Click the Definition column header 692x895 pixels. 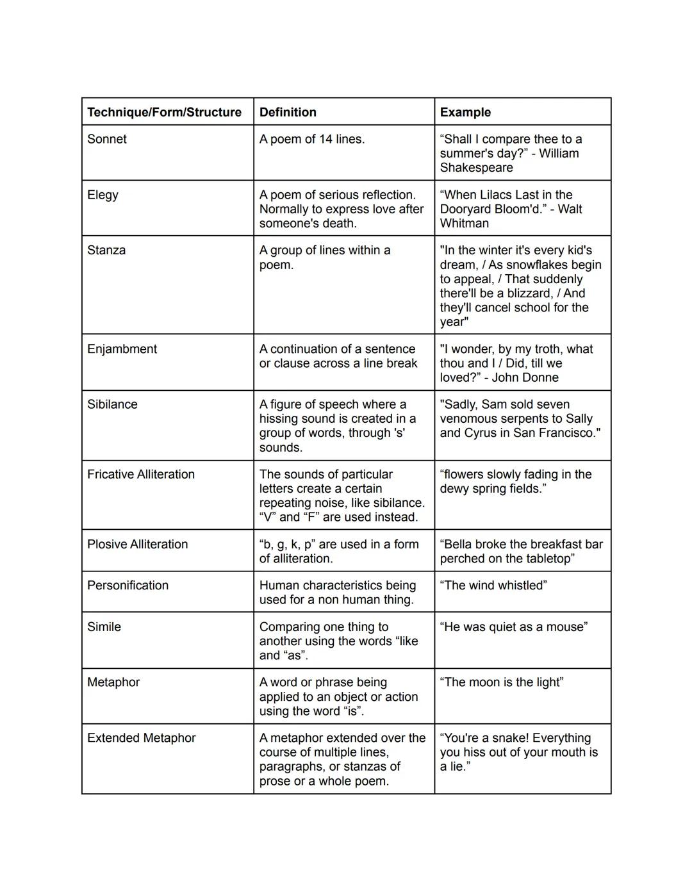tap(288, 112)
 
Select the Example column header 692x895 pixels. tap(465, 112)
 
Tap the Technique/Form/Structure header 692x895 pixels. tap(164, 112)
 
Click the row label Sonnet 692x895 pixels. tap(107, 139)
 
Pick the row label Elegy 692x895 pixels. tap(103, 195)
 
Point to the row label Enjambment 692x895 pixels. tap(122, 349)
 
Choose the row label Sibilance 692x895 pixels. tap(112, 404)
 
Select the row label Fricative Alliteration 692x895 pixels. tap(141, 474)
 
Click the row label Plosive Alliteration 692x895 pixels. tap(138, 544)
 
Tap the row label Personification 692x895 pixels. tap(128, 586)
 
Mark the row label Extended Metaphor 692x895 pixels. tap(142, 738)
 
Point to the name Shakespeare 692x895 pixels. tap(476, 168)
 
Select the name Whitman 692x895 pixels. tap(464, 224)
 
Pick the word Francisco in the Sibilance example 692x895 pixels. tap(566, 433)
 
